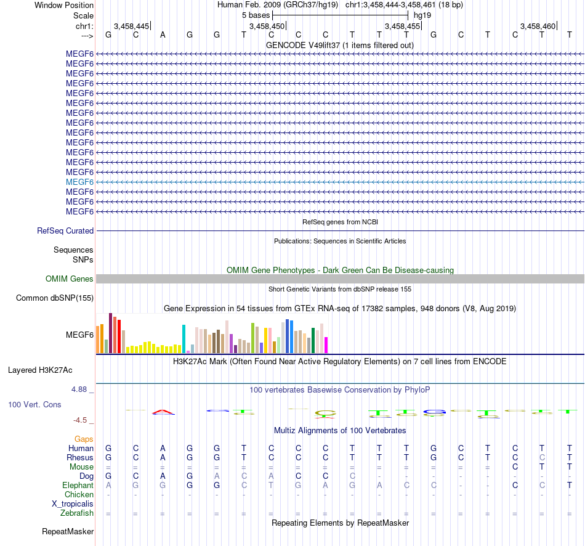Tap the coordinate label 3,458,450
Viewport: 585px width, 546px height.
(267, 26)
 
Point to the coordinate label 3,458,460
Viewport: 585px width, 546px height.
(538, 26)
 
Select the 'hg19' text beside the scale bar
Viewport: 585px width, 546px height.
(422, 15)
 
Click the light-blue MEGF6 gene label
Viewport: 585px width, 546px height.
(79, 182)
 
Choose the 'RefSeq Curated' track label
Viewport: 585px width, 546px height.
(65, 230)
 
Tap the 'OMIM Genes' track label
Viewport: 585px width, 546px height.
(70, 279)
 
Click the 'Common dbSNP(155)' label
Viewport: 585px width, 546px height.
(55, 298)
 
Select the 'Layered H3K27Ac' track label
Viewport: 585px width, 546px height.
(40, 370)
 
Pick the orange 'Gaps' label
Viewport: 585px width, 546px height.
(84, 439)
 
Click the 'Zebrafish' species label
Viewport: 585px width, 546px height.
(77, 513)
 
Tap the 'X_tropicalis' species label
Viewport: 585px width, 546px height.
(73, 503)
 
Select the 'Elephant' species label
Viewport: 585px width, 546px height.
(78, 485)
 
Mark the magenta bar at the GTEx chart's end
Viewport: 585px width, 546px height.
(326, 345)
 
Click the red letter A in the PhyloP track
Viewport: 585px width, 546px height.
(163, 412)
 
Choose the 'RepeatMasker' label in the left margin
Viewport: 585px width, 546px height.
(68, 531)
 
